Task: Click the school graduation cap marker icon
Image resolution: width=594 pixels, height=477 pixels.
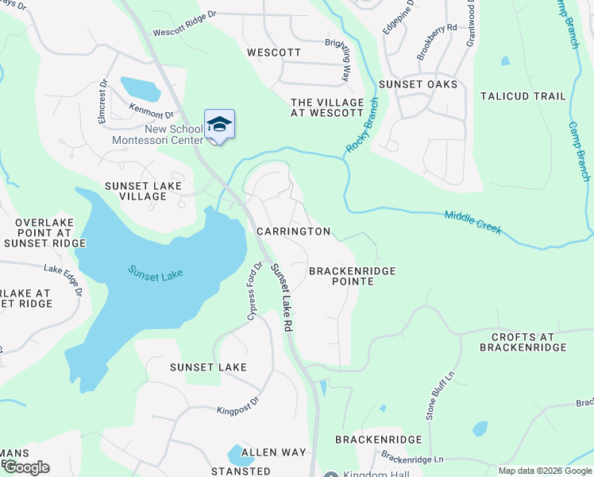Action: tap(219, 125)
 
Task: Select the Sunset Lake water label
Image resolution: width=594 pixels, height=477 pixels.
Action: tap(156, 272)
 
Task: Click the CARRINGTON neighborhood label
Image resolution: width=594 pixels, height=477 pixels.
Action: tap(293, 231)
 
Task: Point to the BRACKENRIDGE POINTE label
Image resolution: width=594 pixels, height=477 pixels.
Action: tap(352, 276)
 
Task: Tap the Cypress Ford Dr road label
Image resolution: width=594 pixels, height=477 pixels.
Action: tap(253, 290)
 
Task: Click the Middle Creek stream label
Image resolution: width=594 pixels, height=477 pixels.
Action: tap(472, 222)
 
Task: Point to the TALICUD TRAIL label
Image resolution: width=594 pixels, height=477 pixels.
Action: tap(523, 96)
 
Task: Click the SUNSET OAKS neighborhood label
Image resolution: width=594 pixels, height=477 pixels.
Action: tap(418, 84)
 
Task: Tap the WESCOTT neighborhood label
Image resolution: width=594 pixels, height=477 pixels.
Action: tap(274, 52)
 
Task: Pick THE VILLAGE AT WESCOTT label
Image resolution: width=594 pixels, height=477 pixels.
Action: tap(327, 108)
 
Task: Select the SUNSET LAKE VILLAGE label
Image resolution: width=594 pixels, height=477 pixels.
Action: tap(144, 191)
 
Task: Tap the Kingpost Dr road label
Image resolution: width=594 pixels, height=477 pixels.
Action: tap(238, 406)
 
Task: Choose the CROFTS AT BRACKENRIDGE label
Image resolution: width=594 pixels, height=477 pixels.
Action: tap(523, 342)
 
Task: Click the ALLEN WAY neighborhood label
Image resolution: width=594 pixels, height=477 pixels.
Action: tap(273, 452)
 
